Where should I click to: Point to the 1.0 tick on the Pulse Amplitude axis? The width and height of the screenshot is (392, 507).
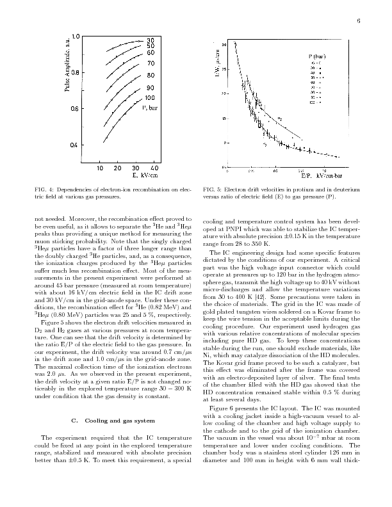point(76,36)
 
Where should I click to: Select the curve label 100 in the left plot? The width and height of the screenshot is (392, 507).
point(151,98)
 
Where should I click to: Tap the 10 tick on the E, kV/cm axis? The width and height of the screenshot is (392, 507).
point(101,168)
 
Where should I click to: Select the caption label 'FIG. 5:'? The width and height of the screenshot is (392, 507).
point(211,190)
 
